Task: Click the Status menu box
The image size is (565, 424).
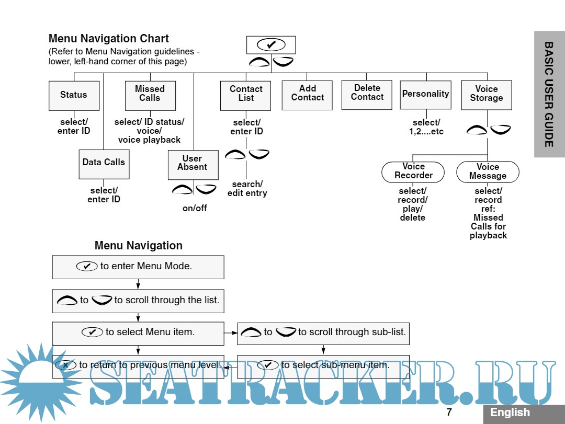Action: (x=74, y=95)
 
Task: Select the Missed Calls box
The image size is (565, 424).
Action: (x=150, y=95)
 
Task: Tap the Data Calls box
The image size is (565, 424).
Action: (x=104, y=164)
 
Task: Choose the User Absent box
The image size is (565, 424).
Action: (x=193, y=164)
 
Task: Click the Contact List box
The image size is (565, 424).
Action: (x=245, y=95)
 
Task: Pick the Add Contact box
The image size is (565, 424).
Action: (x=307, y=95)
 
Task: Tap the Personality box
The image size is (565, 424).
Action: (x=425, y=94)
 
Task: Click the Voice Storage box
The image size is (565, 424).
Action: (x=486, y=95)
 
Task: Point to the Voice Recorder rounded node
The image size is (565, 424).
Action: (x=413, y=172)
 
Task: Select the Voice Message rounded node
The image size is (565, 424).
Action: (x=488, y=172)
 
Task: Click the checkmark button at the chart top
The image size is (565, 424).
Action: (x=271, y=44)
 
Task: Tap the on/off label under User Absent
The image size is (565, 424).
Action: (x=195, y=208)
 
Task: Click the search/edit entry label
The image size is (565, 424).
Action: (x=247, y=189)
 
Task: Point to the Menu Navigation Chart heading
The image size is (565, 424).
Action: (x=109, y=39)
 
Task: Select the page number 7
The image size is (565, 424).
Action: (x=449, y=412)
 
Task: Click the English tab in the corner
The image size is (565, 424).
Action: (x=510, y=412)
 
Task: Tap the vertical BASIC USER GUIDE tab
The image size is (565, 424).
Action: (x=549, y=94)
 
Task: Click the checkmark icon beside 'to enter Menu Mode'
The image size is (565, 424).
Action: (x=87, y=266)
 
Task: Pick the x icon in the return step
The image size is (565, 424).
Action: (x=66, y=365)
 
